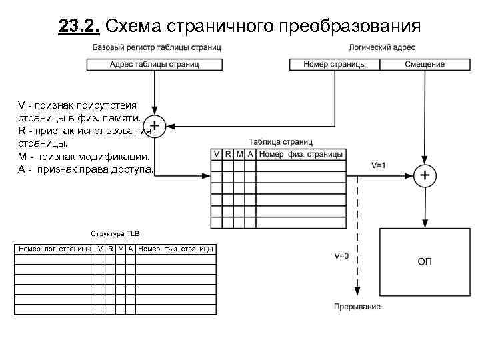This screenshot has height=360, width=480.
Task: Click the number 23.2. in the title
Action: tap(79, 26)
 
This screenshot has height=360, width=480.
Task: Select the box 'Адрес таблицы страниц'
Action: tap(154, 65)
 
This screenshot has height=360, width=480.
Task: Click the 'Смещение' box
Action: tap(425, 65)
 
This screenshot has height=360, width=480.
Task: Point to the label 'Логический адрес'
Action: tap(382, 48)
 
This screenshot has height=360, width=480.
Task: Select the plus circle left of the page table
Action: tap(155, 125)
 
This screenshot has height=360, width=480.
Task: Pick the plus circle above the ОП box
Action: tap(425, 175)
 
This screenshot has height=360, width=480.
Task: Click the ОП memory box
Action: tap(425, 261)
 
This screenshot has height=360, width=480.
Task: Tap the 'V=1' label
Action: tap(379, 165)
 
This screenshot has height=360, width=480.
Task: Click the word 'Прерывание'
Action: tap(357, 307)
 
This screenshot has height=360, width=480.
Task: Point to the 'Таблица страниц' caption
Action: tap(281, 142)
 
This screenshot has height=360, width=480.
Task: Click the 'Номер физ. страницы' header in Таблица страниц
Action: tap(301, 155)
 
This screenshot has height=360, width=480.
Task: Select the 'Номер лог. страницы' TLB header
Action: tap(54, 249)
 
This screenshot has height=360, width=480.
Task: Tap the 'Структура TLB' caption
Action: tap(115, 233)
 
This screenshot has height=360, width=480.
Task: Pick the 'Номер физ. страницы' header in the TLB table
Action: tap(175, 249)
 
